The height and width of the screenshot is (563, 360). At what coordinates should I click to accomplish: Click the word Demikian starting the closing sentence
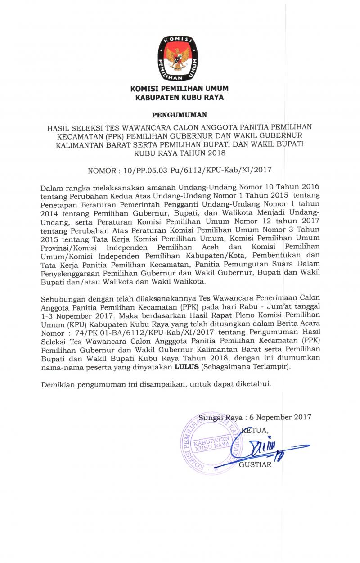[x=57, y=385]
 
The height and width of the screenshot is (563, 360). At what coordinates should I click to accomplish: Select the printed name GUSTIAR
[x=255, y=465]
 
